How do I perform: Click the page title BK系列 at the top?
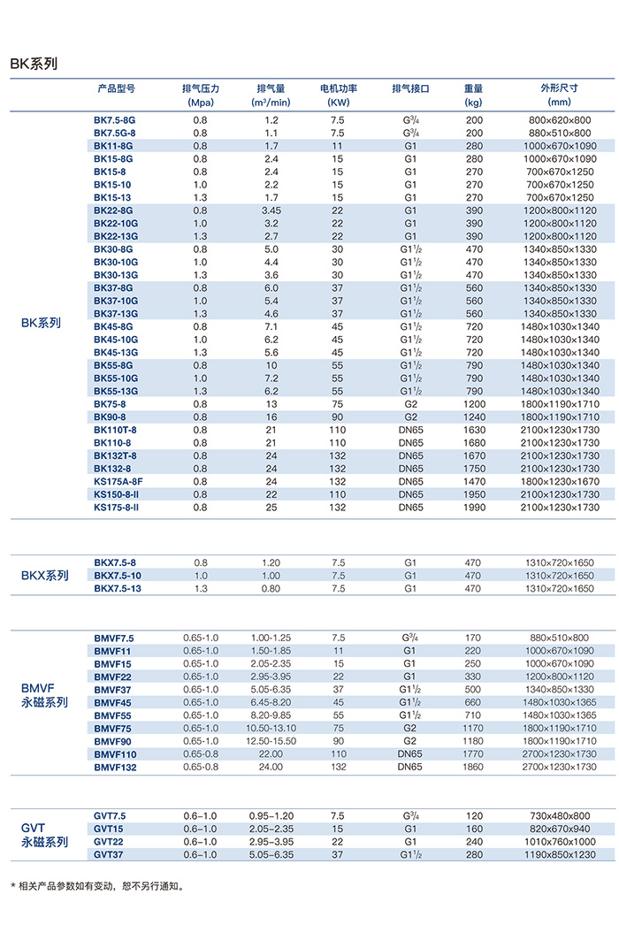34,64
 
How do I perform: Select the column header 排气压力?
201,88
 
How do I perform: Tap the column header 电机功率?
338,88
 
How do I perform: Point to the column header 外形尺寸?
559,88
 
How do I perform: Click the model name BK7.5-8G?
115,119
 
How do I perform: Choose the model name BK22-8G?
115,210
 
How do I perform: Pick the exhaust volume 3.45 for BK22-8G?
271,210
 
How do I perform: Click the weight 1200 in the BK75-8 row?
475,404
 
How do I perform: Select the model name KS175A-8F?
117,481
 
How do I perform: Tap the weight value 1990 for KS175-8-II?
475,508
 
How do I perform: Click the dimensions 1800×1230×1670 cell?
559,481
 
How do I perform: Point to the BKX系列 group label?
44,576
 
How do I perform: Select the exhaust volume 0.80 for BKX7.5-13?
271,589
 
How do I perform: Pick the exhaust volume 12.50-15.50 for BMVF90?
271,741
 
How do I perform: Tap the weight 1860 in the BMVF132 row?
475,767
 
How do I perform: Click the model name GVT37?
111,854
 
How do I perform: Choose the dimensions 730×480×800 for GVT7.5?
559,815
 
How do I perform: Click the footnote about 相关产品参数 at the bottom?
96,885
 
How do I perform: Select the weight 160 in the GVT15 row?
475,829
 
